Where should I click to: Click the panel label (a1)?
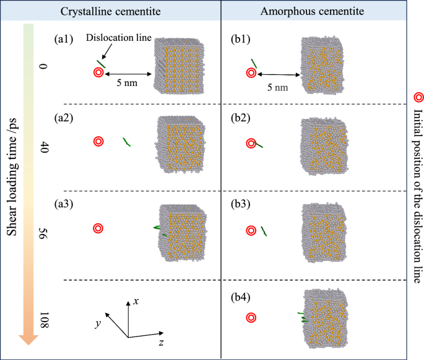[64, 39]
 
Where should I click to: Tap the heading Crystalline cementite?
[112, 11]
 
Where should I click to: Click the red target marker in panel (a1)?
[98, 72]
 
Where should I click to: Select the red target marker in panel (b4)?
[251, 318]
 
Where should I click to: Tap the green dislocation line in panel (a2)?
[126, 142]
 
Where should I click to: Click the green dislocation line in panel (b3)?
[264, 231]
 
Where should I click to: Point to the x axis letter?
[136, 301]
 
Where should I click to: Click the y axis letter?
[98, 324]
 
